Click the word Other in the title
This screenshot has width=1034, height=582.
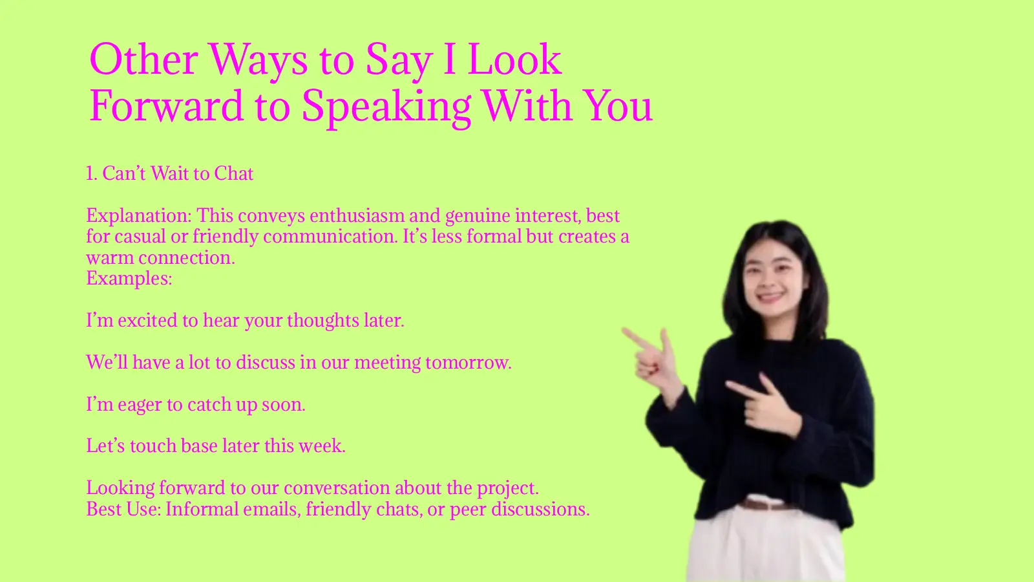(x=143, y=59)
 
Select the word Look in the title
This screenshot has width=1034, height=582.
(x=514, y=59)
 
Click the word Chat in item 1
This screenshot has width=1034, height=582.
(x=234, y=173)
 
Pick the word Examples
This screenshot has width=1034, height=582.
(x=129, y=279)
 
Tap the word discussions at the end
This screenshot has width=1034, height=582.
(x=540, y=510)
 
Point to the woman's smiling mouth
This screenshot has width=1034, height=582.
(x=771, y=297)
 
